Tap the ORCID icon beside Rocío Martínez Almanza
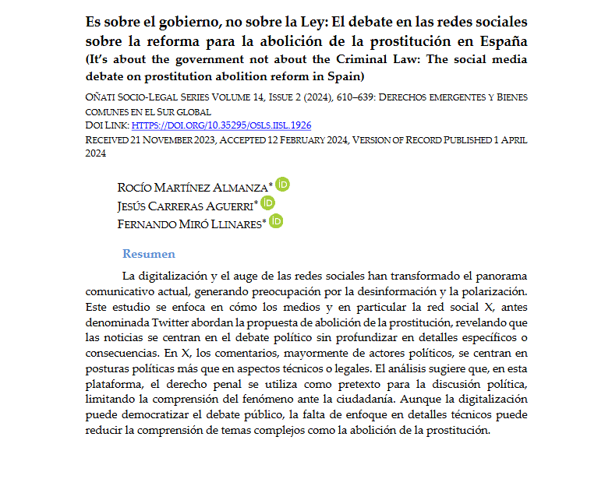coord(283,185)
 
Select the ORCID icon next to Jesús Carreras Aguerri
coord(267,202)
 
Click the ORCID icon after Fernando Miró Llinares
coord(276,221)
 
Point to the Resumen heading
coord(149,254)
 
